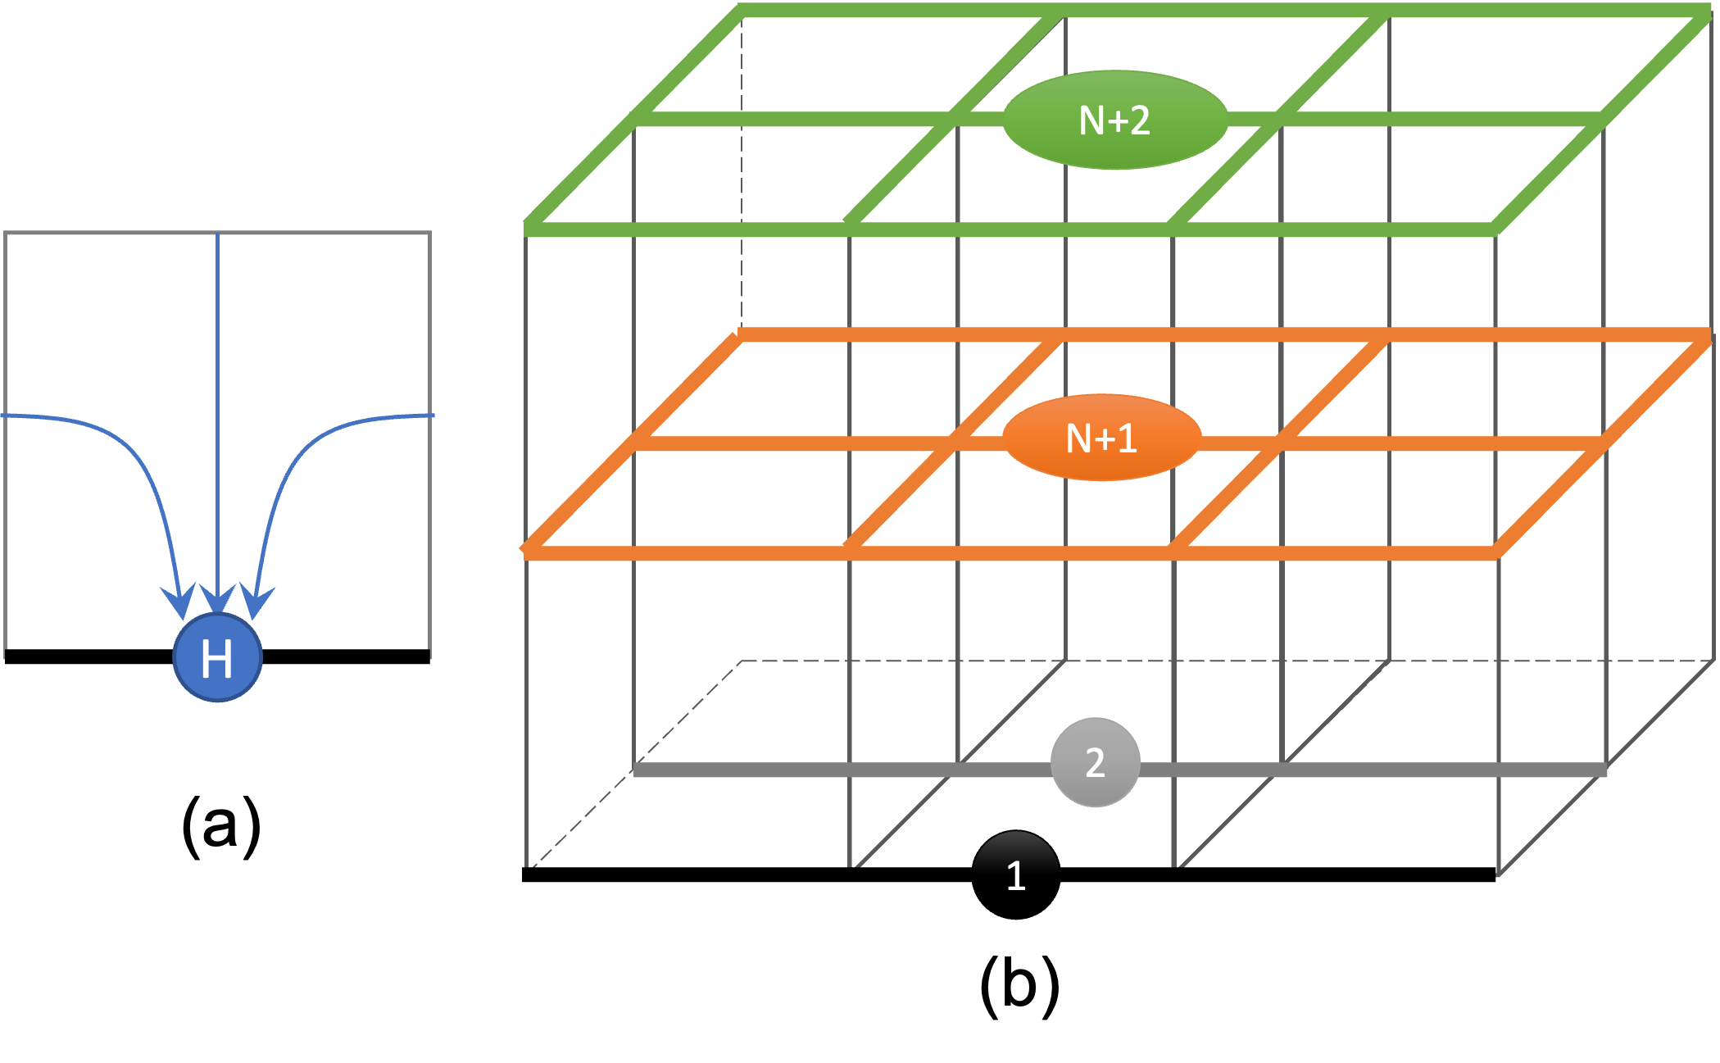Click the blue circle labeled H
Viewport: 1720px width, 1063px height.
(217, 657)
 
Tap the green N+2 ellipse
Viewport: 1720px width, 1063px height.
(1115, 120)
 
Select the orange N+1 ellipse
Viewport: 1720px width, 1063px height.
(1101, 438)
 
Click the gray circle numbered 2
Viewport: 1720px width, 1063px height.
(1095, 762)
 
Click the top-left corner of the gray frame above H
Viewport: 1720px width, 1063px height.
(6, 234)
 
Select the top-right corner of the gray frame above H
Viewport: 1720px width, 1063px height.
(429, 234)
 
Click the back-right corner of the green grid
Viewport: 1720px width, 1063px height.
(1708, 10)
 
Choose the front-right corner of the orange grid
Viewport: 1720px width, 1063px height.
(1496, 554)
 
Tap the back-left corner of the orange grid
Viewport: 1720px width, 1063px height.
(741, 334)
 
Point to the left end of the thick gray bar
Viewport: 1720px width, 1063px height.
(636, 770)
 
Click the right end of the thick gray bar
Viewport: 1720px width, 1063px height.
(1604, 770)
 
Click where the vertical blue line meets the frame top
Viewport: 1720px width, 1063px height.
(217, 234)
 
